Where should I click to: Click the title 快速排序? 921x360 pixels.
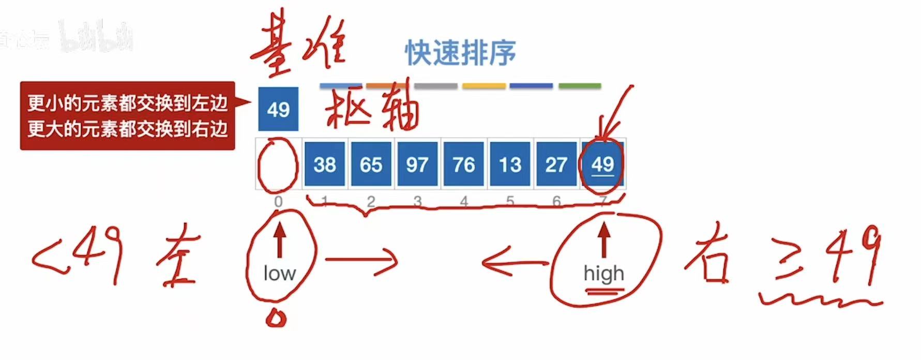[x=460, y=53]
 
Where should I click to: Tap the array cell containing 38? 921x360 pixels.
[x=324, y=164]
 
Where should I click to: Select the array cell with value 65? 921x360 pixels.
[x=371, y=164]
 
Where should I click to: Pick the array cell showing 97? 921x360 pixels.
[x=417, y=164]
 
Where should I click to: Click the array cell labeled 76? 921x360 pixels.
[x=463, y=164]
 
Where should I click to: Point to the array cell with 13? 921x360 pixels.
[x=510, y=164]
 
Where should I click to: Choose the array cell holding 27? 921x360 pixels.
[x=556, y=164]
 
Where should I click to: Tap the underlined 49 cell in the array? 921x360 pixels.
[x=602, y=164]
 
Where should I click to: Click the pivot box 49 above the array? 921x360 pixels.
[x=278, y=109]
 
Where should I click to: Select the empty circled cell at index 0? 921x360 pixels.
[x=278, y=164]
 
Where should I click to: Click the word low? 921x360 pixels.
[x=279, y=273]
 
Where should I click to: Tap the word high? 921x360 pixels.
[x=603, y=273]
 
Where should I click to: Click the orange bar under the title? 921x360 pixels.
[x=386, y=86]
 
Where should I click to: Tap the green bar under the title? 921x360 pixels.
[x=580, y=86]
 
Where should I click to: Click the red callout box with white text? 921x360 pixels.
[x=127, y=116]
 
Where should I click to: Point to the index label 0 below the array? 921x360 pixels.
[x=278, y=201]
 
